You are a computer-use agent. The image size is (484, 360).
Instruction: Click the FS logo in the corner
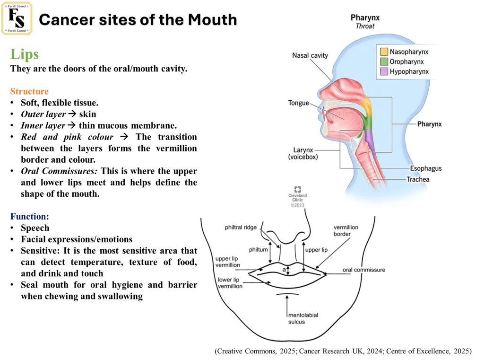[17, 18]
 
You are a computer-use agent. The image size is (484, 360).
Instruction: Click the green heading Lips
[25, 54]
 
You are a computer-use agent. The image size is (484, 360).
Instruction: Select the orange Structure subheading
[29, 91]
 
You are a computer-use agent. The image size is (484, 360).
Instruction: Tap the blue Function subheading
[29, 217]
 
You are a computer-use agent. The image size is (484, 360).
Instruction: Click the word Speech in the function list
[35, 228]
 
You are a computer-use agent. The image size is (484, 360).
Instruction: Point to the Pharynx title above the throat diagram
[365, 18]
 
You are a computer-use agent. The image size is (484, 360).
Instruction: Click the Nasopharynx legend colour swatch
[383, 51]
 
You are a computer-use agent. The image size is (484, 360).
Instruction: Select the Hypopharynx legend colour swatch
[383, 71]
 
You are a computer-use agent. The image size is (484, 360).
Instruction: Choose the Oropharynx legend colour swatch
[383, 61]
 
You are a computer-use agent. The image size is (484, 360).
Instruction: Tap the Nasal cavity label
[310, 55]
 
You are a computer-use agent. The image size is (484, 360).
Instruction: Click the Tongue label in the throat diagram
[298, 103]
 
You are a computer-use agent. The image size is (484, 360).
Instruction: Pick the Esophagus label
[426, 168]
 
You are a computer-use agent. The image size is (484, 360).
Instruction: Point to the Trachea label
[418, 179]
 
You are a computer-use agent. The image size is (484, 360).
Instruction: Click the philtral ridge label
[242, 228]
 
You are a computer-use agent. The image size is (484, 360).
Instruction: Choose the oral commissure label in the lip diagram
[364, 270]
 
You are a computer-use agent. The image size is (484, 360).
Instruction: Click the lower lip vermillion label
[230, 283]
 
